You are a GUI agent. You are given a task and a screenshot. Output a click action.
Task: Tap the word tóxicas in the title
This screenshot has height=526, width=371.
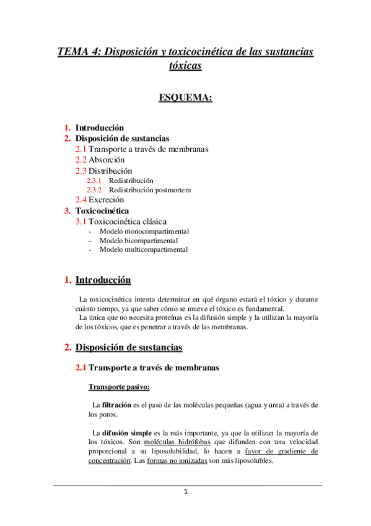[185, 65]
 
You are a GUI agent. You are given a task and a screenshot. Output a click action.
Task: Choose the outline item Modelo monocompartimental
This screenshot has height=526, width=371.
[144, 231]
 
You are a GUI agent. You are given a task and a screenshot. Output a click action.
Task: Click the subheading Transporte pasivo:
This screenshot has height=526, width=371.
[118, 388]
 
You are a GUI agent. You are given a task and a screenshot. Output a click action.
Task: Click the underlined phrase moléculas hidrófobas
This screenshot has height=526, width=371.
[177, 442]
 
